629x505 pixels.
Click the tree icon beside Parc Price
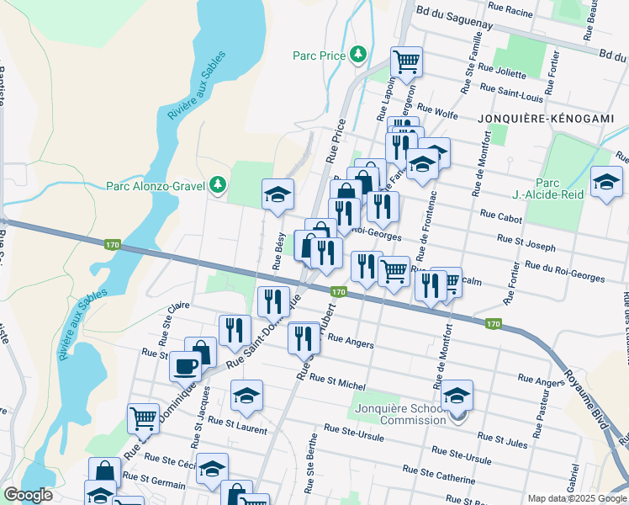(x=359, y=54)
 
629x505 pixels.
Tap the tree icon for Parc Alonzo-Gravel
(x=218, y=183)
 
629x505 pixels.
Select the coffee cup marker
(x=185, y=365)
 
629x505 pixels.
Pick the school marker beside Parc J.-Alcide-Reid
(x=605, y=182)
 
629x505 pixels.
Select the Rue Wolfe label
(x=436, y=109)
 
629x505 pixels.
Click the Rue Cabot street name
(x=501, y=216)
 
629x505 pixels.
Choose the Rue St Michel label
(x=337, y=382)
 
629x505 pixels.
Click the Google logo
(x=28, y=495)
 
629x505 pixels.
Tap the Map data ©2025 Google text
(x=577, y=498)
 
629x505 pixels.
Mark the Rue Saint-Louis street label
(x=511, y=88)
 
